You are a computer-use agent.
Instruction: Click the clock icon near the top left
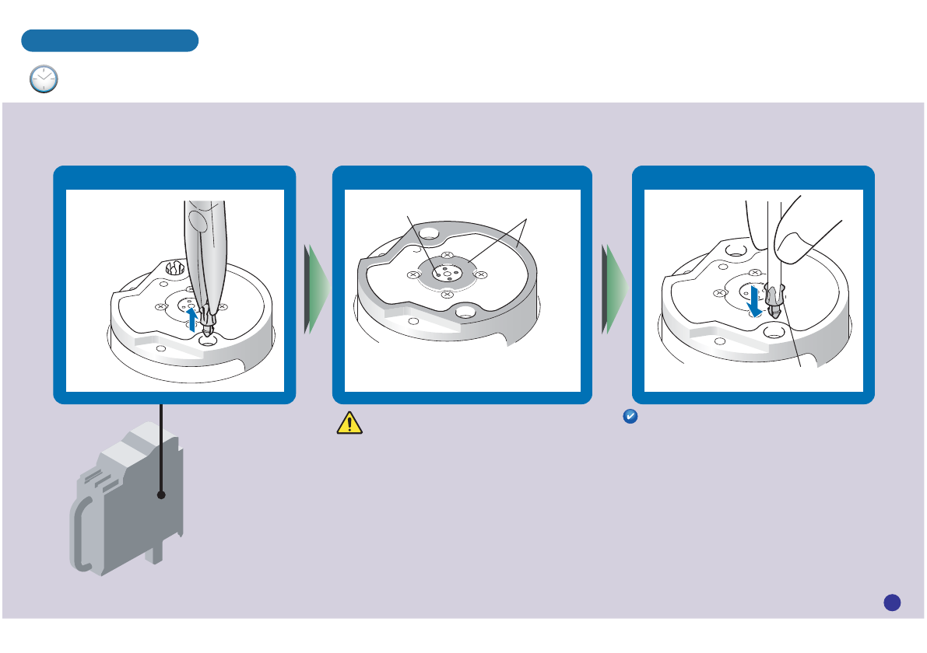coord(44,79)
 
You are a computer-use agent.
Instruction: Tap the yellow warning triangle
coord(350,422)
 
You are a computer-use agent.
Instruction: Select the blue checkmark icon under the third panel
coord(630,417)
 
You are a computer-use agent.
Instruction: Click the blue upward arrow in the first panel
coord(193,318)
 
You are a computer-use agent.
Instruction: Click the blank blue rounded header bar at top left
coord(110,40)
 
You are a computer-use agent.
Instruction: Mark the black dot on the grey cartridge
coord(161,494)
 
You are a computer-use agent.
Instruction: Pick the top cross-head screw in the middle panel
coord(447,256)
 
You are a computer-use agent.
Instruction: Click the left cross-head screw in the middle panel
coord(413,275)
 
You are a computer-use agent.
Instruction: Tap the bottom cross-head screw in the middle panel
coord(446,295)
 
